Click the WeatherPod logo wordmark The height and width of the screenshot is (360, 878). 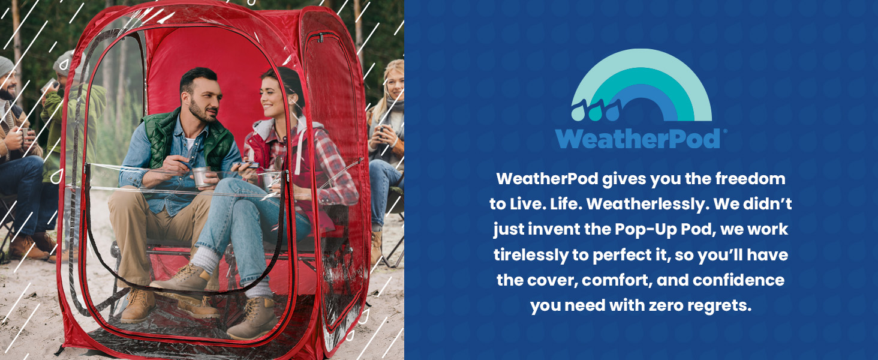(638, 139)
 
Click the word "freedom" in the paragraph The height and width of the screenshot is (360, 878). (750, 179)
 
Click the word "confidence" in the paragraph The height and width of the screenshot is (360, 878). (738, 280)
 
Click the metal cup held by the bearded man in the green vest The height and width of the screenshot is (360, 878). (202, 176)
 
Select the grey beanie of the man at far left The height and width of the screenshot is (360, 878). (6, 66)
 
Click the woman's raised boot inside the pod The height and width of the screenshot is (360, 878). (184, 280)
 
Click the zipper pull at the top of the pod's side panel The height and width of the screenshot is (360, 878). (320, 38)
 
